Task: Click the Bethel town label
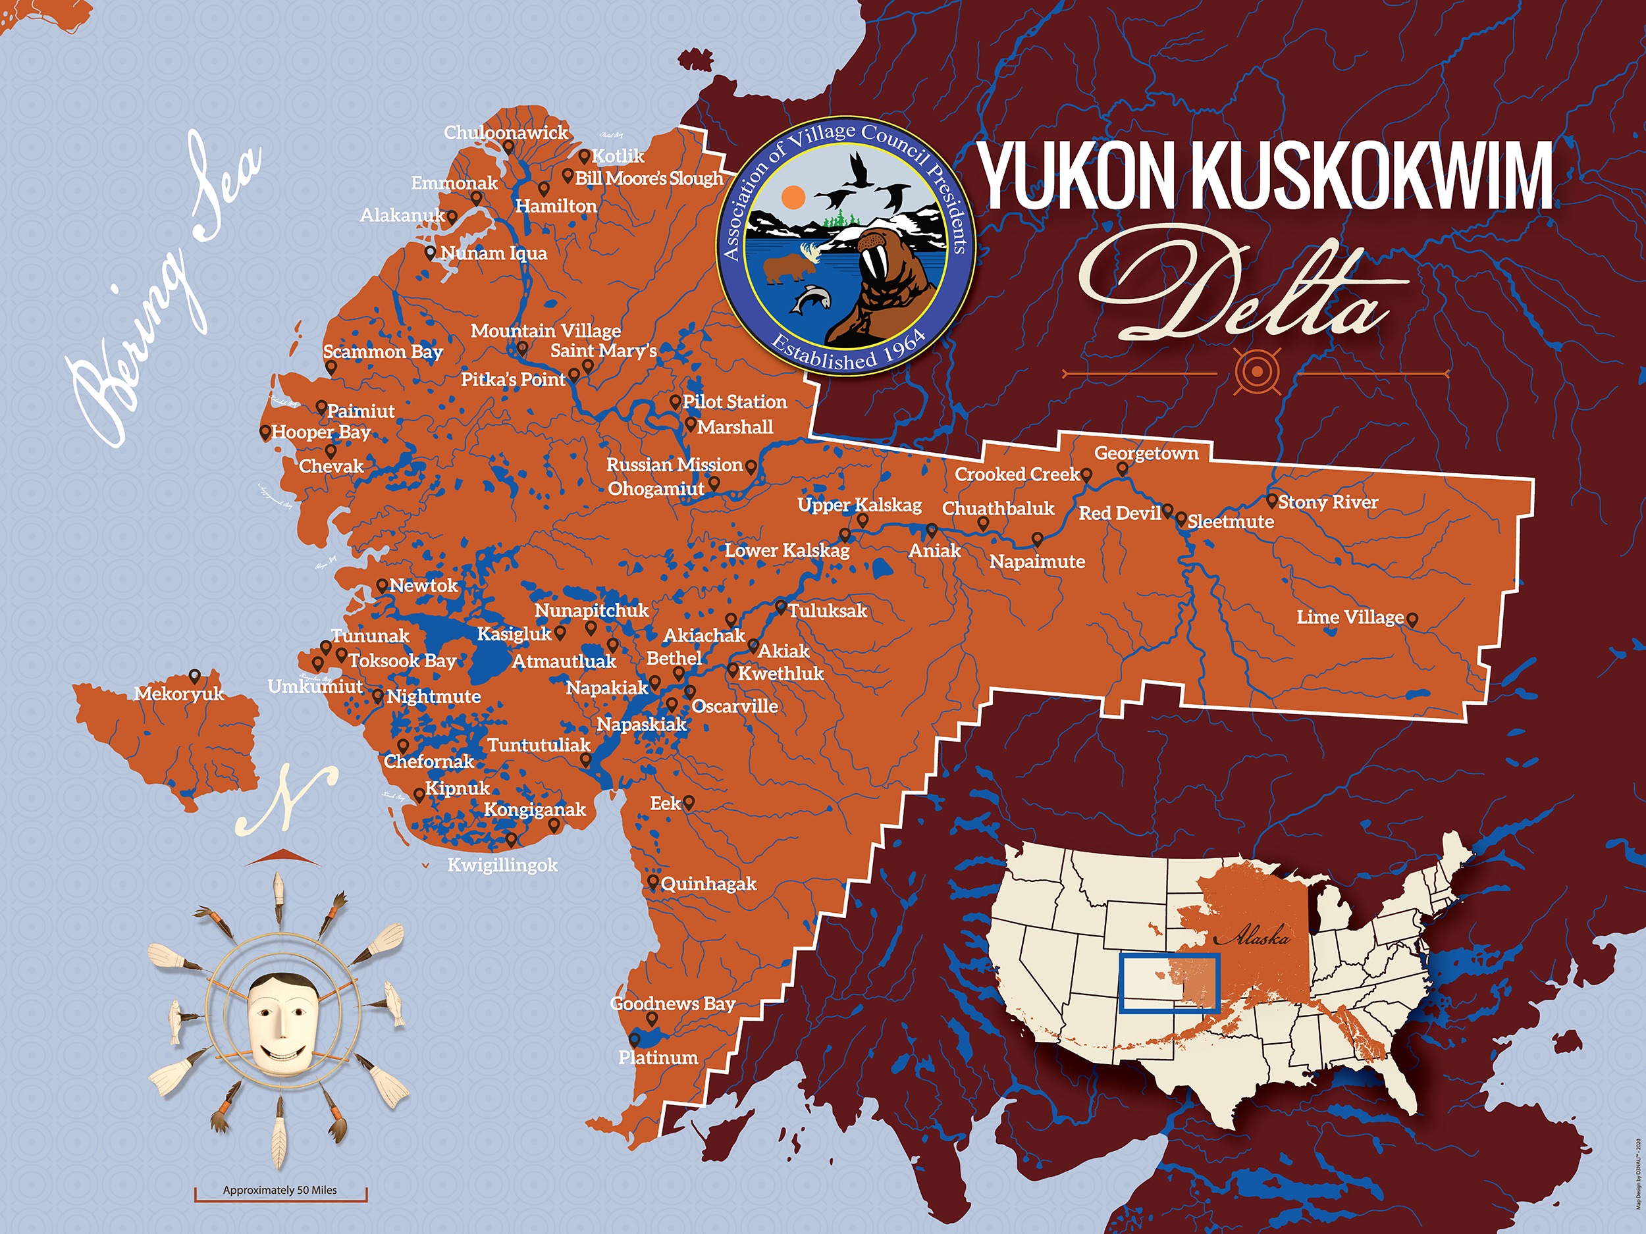click(x=674, y=658)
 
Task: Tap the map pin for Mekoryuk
click(x=195, y=676)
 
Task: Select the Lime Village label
click(x=1350, y=617)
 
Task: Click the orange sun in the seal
click(x=794, y=197)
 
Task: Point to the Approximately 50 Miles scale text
click(x=280, y=1190)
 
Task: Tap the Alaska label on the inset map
click(x=1261, y=937)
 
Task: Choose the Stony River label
click(x=1327, y=502)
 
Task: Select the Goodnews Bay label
click(x=673, y=1004)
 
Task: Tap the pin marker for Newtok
click(x=382, y=585)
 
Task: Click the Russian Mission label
click(x=674, y=465)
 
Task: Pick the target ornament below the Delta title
click(x=1257, y=371)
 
